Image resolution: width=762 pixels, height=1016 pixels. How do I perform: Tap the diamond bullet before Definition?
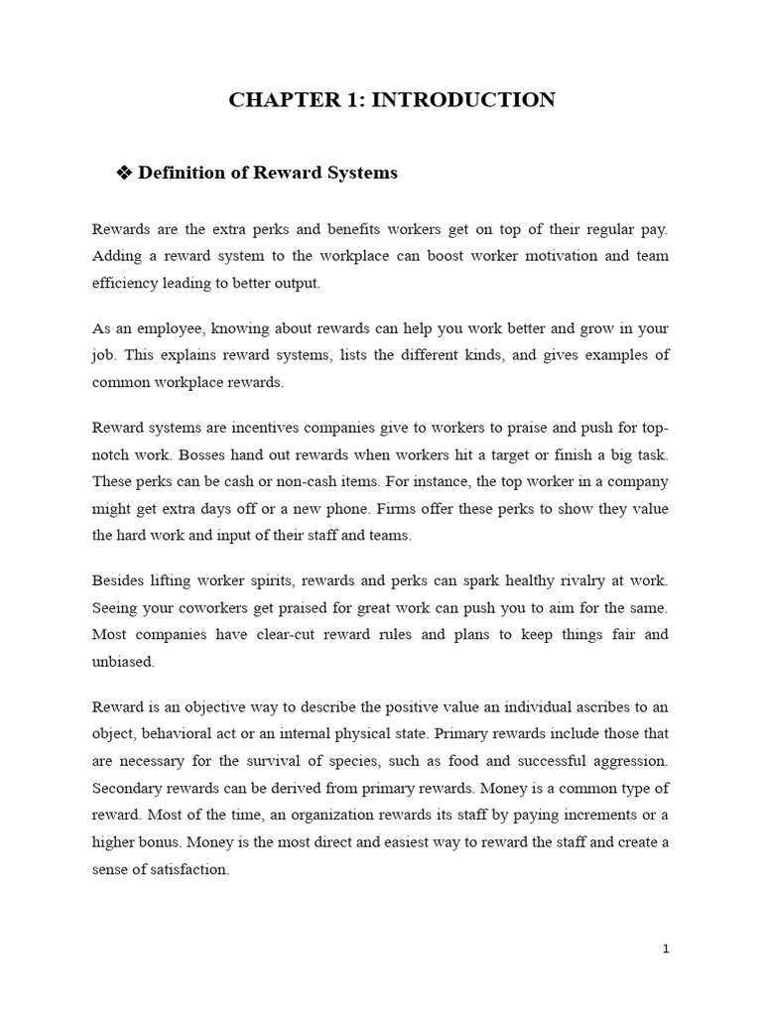click(125, 174)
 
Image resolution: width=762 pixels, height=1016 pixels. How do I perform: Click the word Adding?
click(119, 256)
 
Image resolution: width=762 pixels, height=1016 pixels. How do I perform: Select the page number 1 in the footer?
click(666, 950)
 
